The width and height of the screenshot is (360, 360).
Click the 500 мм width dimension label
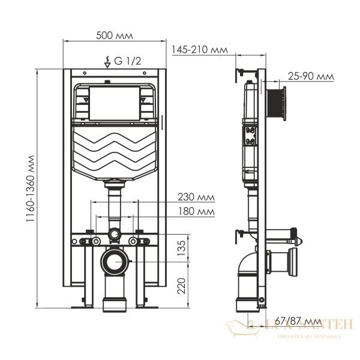[115, 35]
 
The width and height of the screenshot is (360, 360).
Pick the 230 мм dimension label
[196, 197]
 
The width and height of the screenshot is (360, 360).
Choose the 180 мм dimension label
[196, 211]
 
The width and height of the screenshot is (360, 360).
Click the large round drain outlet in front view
[114, 261]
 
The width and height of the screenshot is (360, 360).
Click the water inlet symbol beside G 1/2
[107, 60]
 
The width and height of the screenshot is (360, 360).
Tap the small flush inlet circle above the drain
[114, 233]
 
